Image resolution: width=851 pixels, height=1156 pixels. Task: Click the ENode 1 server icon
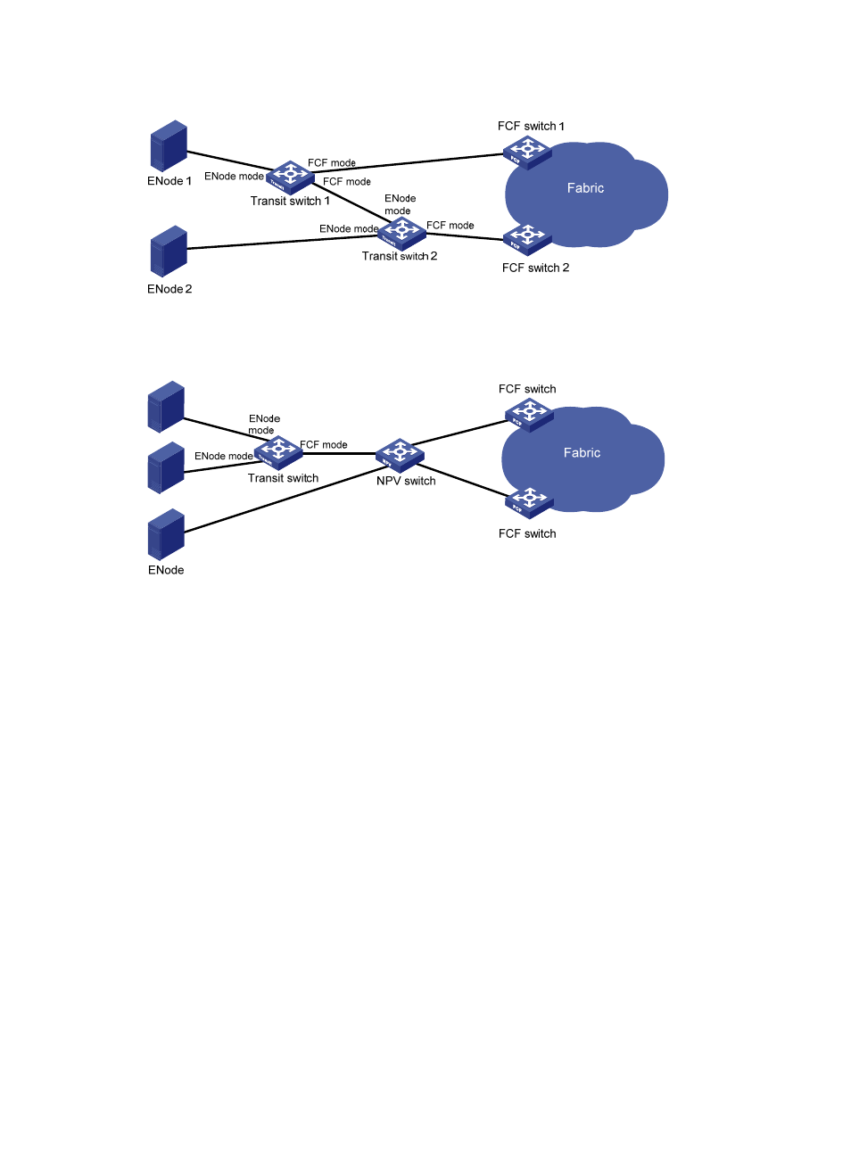click(x=169, y=146)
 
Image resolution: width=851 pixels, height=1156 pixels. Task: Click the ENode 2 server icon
click(x=169, y=252)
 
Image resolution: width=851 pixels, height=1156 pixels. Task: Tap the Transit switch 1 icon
click(x=290, y=177)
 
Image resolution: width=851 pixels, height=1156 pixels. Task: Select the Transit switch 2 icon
click(x=401, y=233)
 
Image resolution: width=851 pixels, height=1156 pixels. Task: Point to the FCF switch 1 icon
click(x=527, y=152)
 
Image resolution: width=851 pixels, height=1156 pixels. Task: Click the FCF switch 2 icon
click(x=527, y=239)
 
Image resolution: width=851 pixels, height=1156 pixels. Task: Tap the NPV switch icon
click(x=400, y=454)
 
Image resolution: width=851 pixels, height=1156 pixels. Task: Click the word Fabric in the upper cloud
click(x=585, y=188)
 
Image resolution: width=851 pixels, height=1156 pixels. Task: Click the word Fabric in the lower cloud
click(x=582, y=453)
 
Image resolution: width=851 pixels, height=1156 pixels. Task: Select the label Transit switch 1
click(x=290, y=202)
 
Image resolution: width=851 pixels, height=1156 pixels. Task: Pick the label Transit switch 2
click(x=400, y=257)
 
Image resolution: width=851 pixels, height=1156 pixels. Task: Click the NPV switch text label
click(x=406, y=481)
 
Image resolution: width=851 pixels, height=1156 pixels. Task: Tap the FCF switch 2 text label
click(x=535, y=268)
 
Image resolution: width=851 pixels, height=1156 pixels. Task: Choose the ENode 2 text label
click(x=169, y=289)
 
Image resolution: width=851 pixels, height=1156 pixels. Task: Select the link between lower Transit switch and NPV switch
click(x=339, y=453)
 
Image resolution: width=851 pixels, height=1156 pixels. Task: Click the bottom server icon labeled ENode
click(x=166, y=534)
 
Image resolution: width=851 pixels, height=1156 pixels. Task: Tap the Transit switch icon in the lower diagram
click(x=278, y=452)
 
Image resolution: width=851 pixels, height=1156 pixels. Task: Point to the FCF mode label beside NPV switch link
click(x=324, y=444)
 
